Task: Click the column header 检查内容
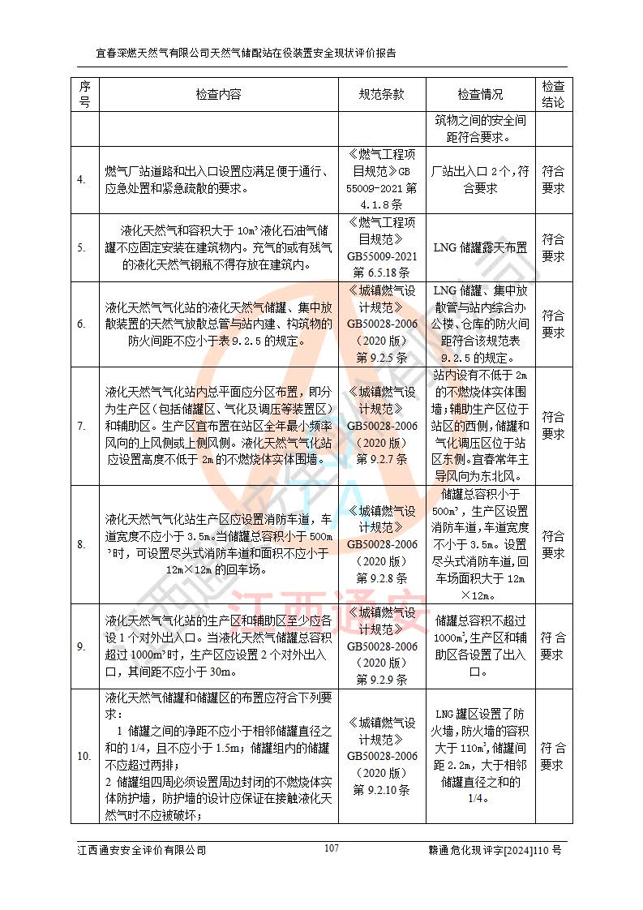pyautogui.click(x=218, y=94)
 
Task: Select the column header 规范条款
pyautogui.click(x=381, y=94)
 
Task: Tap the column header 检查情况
pyautogui.click(x=480, y=94)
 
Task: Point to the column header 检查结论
pyautogui.click(x=553, y=94)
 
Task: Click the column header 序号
pyautogui.click(x=84, y=94)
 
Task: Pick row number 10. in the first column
pyautogui.click(x=84, y=756)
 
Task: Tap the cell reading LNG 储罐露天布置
pyautogui.click(x=480, y=247)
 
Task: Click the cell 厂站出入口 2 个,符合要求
pyautogui.click(x=480, y=179)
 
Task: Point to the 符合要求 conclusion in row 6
pyautogui.click(x=553, y=324)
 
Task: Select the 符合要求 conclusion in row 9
pyautogui.click(x=553, y=646)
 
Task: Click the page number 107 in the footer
pyautogui.click(x=331, y=848)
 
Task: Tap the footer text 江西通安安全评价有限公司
pyautogui.click(x=141, y=850)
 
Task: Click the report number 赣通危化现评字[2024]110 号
pyautogui.click(x=495, y=850)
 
